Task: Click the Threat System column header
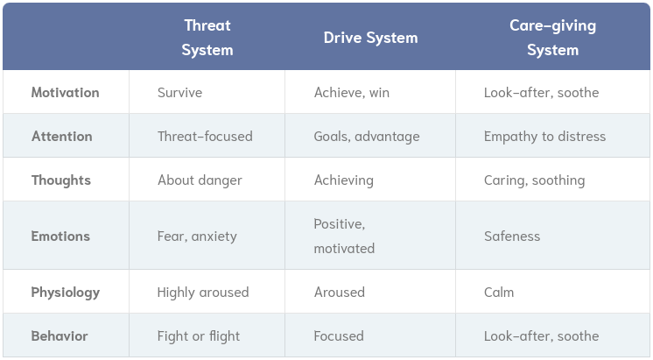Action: pyautogui.click(x=207, y=38)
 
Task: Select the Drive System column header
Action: pyautogui.click(x=370, y=38)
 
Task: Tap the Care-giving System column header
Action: pyautogui.click(x=552, y=38)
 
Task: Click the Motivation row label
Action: pyautogui.click(x=66, y=92)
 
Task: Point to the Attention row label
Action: pyautogui.click(x=62, y=136)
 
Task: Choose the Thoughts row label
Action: pyautogui.click(x=61, y=180)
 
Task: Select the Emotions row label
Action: pyautogui.click(x=61, y=236)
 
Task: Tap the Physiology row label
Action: pyautogui.click(x=66, y=292)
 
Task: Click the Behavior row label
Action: pyautogui.click(x=60, y=335)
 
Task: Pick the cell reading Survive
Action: pyautogui.click(x=179, y=92)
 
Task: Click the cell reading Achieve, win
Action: pyautogui.click(x=352, y=92)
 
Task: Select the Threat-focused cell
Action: pyautogui.click(x=205, y=136)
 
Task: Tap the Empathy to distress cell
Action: pyautogui.click(x=544, y=136)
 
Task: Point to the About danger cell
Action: pyautogui.click(x=200, y=180)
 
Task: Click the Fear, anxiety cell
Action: pyautogui.click(x=197, y=236)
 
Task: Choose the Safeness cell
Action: pyautogui.click(x=512, y=236)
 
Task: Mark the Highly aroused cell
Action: pyautogui.click(x=203, y=292)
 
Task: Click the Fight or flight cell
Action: pyautogui.click(x=199, y=335)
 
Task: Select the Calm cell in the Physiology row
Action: pyautogui.click(x=499, y=292)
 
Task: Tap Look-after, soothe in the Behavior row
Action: pyautogui.click(x=541, y=335)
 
